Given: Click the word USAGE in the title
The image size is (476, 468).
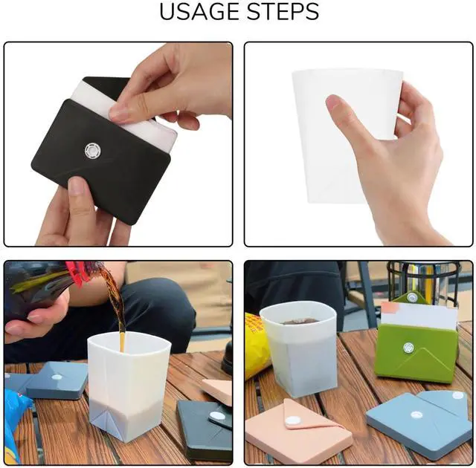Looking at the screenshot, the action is click(199, 12).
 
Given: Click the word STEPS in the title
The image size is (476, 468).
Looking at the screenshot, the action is click(283, 12).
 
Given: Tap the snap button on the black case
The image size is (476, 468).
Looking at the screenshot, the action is click(92, 150).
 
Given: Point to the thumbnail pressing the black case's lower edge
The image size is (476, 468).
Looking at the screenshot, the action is click(77, 185).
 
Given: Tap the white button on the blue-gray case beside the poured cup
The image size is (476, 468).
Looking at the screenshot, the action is click(57, 377).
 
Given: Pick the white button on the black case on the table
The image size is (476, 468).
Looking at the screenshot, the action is click(218, 416).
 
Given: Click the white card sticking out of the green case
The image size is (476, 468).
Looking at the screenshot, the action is click(419, 315).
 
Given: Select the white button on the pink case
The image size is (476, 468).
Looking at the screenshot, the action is click(293, 420).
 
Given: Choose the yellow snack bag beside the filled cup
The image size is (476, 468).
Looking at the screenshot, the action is click(257, 345).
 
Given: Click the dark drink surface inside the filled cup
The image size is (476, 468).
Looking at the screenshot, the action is click(300, 321).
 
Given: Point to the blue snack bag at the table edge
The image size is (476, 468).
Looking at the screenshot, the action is click(16, 424).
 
